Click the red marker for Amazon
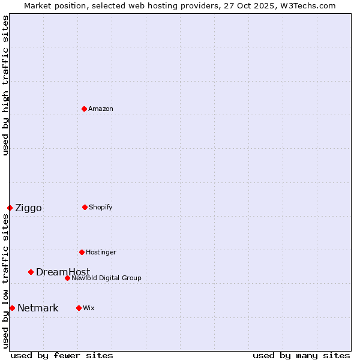84,109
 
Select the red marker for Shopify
85,207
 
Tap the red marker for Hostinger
82,252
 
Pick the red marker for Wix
79,308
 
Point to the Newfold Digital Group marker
67,278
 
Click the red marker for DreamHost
31,272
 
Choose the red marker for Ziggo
10,208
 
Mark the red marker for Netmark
12,308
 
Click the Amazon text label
101,109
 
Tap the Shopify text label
100,207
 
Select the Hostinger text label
101,252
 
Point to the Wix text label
89,308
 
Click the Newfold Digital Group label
106,278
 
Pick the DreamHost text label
63,272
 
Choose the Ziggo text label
28,208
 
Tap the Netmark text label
38,308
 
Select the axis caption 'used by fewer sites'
62,355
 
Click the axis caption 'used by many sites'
301,355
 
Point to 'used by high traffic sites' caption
5,85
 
